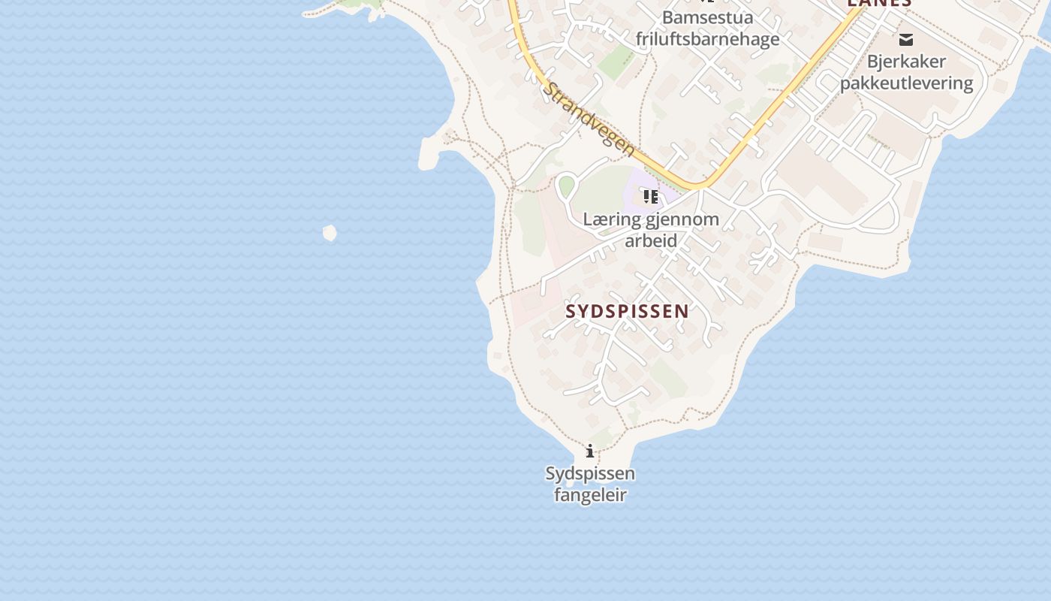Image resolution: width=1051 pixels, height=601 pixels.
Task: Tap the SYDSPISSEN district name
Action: [x=627, y=311]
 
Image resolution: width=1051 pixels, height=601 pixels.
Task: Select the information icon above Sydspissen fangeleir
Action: [x=590, y=451]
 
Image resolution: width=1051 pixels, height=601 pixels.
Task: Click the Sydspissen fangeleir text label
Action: [x=590, y=484]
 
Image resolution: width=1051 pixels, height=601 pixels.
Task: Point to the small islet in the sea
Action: [x=330, y=233]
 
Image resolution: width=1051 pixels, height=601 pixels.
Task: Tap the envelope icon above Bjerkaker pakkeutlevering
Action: [x=906, y=39]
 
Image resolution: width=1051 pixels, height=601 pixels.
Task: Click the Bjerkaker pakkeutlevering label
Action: [x=906, y=72]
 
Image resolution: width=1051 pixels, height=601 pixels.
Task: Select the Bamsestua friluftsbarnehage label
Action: [x=707, y=28]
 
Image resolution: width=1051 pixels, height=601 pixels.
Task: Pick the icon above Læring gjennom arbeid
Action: [x=650, y=197]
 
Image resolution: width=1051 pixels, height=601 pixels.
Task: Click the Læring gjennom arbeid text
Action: [x=651, y=230]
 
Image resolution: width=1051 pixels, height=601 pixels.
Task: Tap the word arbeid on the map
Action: [x=651, y=240]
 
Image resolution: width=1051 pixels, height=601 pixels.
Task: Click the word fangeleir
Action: [x=590, y=495]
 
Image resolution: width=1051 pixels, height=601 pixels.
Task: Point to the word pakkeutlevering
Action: [x=906, y=83]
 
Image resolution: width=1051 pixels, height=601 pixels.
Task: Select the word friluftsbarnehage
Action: [x=707, y=38]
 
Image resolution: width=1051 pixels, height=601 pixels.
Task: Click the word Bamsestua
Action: [x=707, y=17]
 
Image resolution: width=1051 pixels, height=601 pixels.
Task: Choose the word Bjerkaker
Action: [x=906, y=61]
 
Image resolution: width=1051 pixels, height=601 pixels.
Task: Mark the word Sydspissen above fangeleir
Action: [x=590, y=473]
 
